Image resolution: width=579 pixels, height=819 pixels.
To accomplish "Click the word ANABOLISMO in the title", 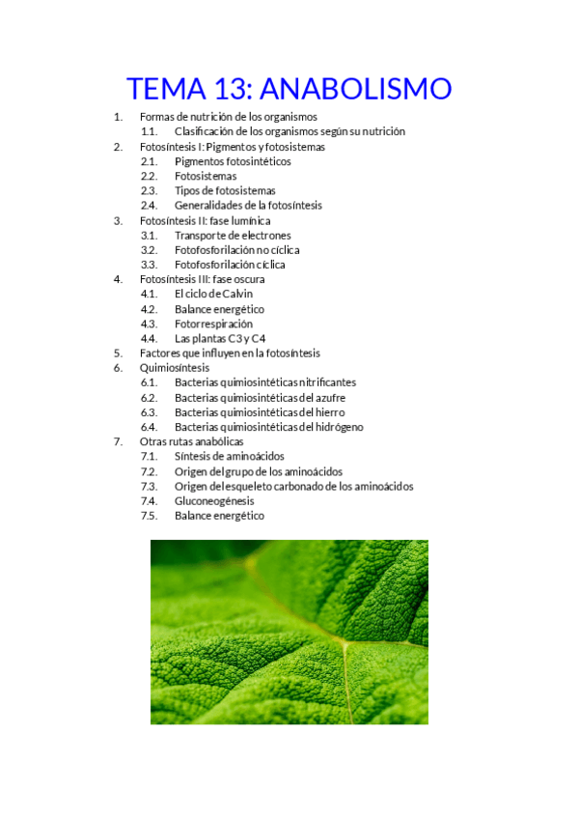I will [356, 89].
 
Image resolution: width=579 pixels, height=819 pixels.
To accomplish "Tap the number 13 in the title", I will [228, 89].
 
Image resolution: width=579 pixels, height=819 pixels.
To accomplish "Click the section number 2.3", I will [148, 191].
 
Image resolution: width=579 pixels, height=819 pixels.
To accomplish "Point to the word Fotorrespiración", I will [213, 324].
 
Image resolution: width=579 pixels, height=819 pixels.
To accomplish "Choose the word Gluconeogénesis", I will [214, 501].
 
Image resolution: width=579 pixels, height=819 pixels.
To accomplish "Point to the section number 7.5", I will [148, 516].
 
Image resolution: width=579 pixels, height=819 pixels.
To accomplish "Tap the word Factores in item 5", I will [159, 353].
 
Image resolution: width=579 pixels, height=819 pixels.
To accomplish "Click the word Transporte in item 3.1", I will [200, 236].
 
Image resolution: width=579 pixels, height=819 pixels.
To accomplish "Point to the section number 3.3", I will [148, 265].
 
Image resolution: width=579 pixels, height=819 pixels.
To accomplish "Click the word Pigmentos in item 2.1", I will [200, 161].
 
